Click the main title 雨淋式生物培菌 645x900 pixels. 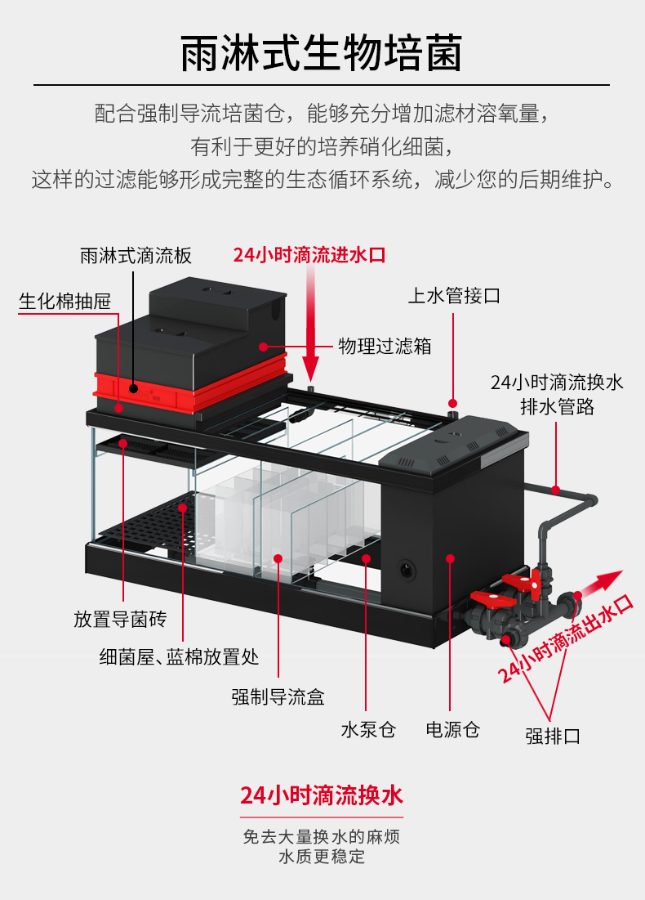click(x=322, y=53)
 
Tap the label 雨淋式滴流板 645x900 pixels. click(x=136, y=255)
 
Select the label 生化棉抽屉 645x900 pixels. click(x=64, y=302)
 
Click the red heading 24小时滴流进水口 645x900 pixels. click(x=309, y=255)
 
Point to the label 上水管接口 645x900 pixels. click(x=454, y=296)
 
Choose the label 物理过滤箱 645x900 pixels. click(x=385, y=346)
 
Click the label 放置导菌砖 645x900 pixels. click(x=120, y=620)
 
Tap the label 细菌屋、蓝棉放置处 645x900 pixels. click(x=179, y=656)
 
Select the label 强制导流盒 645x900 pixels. click(x=278, y=696)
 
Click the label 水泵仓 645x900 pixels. click(x=369, y=729)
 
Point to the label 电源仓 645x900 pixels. click(x=452, y=729)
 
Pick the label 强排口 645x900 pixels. click(x=553, y=736)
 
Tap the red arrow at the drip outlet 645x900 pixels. click(x=599, y=583)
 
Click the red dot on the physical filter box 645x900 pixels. click(x=263, y=347)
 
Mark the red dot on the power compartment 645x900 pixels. click(x=451, y=558)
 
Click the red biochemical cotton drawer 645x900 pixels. click(x=189, y=384)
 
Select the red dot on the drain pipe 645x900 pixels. click(x=555, y=490)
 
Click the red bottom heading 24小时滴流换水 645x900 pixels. click(x=322, y=795)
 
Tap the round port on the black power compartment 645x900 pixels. click(x=407, y=570)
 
